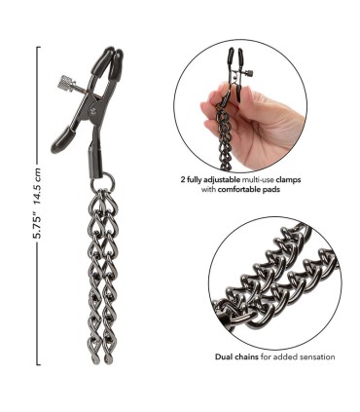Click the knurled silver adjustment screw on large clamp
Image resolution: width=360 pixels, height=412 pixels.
click(x=67, y=84)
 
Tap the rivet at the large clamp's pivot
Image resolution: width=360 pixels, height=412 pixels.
click(x=94, y=109)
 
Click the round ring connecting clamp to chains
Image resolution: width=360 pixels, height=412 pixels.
click(x=103, y=182)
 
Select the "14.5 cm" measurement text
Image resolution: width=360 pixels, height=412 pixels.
click(x=38, y=186)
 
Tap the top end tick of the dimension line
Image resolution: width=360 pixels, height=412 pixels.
click(x=39, y=48)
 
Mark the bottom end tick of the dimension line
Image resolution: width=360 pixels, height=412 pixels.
click(x=39, y=364)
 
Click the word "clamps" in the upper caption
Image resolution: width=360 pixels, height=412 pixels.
click(x=289, y=179)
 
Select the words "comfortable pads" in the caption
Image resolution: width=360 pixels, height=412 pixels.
click(x=249, y=189)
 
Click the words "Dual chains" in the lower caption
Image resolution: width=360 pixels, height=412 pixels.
click(x=236, y=357)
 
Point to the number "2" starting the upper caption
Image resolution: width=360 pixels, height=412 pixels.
click(x=183, y=179)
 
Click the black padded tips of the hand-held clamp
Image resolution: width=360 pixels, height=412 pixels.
click(x=236, y=56)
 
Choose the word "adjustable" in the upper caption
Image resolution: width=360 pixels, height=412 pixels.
click(x=224, y=179)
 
